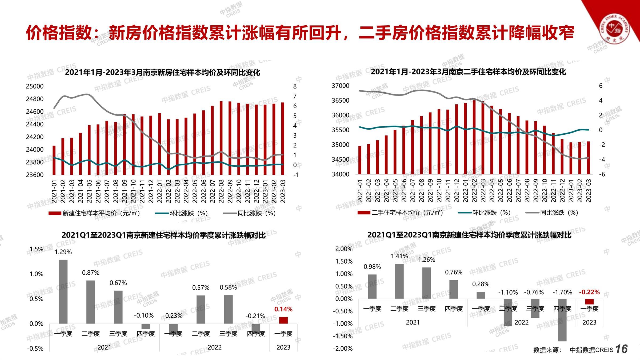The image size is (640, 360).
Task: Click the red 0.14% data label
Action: pos(283,309)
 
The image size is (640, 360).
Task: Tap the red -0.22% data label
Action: pos(589,292)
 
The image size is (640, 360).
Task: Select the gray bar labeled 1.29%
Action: pos(63,291)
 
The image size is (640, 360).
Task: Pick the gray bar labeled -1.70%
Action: pos(562,320)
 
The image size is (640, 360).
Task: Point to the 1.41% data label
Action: pos(399,256)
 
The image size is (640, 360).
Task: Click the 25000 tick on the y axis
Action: pos(34,86)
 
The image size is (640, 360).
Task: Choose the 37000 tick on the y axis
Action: pos(340,86)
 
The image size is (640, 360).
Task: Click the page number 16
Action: pos(621,349)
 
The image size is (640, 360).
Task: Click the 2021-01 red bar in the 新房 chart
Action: pos(54,160)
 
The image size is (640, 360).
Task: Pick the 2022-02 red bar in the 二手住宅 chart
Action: pos(474,137)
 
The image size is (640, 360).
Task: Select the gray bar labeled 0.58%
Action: pos(228,309)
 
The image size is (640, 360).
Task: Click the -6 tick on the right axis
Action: pos(601,174)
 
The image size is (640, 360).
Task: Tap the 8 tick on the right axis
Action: pos(295,86)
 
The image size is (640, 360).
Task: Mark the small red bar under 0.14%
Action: pos(283,320)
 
